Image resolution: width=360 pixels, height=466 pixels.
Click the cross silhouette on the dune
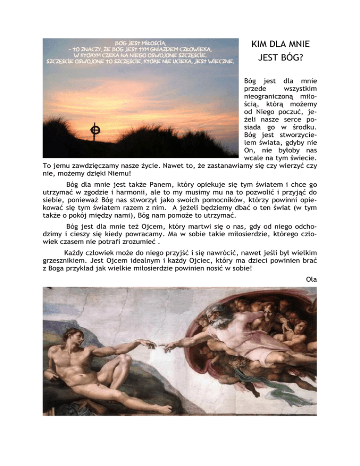95,128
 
